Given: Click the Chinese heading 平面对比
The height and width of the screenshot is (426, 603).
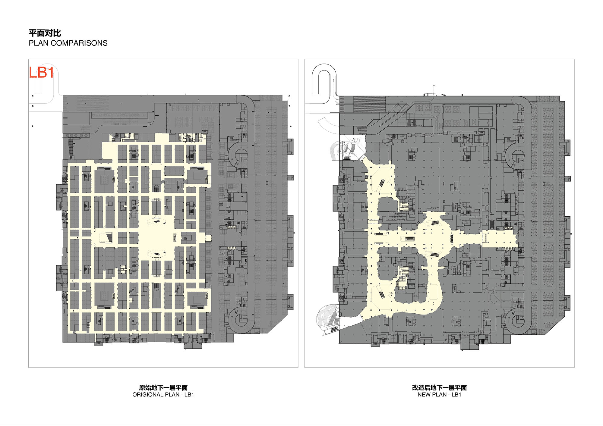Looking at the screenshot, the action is (45, 33).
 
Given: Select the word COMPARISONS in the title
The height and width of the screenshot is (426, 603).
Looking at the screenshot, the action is (79, 43).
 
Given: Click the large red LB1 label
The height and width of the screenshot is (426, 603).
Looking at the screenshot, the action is (41, 73).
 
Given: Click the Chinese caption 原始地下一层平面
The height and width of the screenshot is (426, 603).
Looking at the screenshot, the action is (163, 388).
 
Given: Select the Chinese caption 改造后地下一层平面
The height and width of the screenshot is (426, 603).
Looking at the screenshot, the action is (440, 388).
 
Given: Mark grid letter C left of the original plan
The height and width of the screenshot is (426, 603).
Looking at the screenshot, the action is (33, 96).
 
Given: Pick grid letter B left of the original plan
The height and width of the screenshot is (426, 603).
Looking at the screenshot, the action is (33, 106).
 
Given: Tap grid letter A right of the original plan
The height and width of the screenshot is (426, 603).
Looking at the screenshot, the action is (291, 126).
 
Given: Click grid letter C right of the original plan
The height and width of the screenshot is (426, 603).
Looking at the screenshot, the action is (289, 96).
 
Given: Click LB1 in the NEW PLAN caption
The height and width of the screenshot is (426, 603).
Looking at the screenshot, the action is (456, 395).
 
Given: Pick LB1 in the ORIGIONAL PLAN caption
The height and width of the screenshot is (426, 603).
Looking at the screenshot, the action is (189, 395).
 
